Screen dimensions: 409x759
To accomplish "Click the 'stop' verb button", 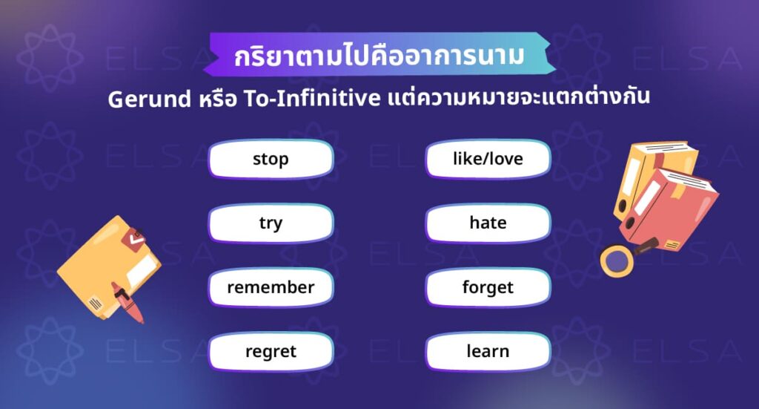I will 271,159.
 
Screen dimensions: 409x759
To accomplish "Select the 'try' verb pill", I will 271,223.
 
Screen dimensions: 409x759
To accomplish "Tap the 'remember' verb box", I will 271,287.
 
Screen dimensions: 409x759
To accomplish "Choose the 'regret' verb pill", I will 271,351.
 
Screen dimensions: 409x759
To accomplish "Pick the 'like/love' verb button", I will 488,159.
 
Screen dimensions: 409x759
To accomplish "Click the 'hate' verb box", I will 488,223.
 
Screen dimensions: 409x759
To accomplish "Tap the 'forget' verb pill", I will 488,287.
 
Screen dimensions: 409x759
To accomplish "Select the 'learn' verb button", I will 488,351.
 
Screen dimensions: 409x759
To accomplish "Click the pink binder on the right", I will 671,212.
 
